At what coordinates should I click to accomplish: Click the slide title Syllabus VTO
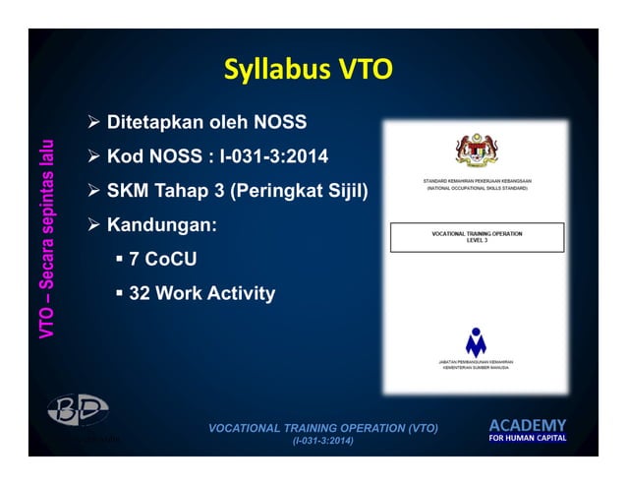[308, 69]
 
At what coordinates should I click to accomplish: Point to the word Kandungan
[161, 224]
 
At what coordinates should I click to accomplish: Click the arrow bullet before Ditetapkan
[95, 123]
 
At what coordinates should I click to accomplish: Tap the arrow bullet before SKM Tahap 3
[95, 189]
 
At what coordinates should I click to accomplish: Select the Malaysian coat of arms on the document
[477, 150]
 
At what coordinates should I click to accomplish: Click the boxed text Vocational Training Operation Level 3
[477, 237]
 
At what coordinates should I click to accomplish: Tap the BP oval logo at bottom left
[79, 410]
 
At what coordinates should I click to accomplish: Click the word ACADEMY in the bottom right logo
[528, 425]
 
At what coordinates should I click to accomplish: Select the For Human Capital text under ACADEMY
[528, 438]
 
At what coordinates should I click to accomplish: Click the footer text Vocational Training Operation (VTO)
[324, 428]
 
